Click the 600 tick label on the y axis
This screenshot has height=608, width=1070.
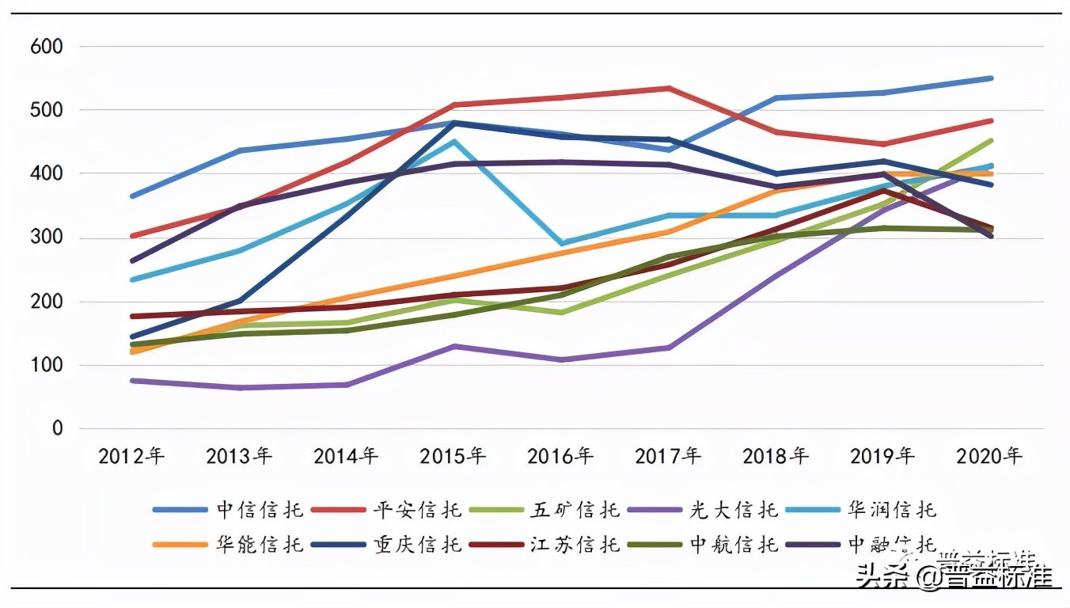(46, 46)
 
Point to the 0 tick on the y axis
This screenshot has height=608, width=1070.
(57, 428)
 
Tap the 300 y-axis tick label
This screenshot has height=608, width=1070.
(46, 237)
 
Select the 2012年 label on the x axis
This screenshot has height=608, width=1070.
(131, 456)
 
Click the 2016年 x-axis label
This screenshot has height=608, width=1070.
(560, 456)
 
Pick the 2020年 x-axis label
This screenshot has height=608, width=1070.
(989, 456)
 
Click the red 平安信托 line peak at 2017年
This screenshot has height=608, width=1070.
(669, 88)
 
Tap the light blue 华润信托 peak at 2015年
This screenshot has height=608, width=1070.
(454, 142)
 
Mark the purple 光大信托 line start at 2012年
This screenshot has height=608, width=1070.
(132, 381)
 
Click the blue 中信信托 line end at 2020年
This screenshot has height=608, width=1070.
(990, 78)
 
